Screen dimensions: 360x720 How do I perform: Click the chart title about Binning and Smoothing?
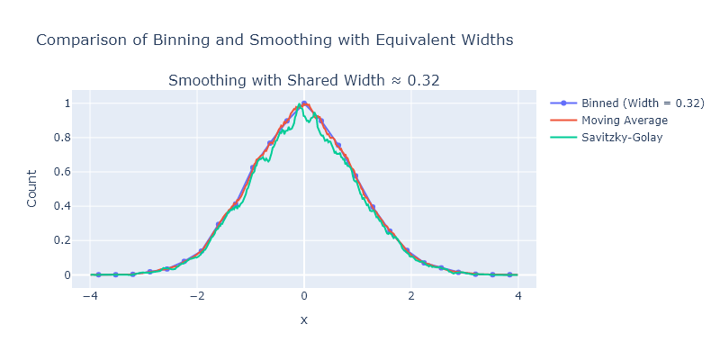274,40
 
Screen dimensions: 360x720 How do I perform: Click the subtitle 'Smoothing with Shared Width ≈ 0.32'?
303,81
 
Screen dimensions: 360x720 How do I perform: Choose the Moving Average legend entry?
625,121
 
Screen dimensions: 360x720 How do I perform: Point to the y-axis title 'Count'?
32,189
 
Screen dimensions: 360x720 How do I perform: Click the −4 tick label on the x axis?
89,295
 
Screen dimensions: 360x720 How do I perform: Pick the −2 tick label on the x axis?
196,295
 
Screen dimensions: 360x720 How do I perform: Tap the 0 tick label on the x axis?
304,295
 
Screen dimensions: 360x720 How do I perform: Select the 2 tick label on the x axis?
410,295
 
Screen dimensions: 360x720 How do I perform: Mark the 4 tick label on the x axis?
517,295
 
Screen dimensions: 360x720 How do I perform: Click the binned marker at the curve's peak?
304,103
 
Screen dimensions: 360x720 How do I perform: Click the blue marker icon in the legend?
562,103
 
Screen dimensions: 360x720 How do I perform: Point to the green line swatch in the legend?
562,138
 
